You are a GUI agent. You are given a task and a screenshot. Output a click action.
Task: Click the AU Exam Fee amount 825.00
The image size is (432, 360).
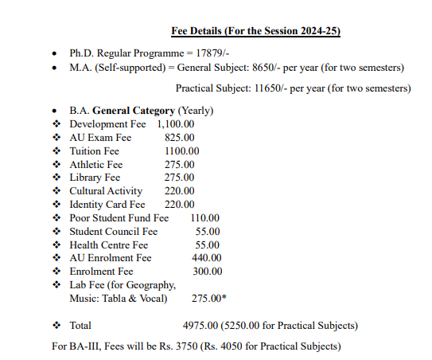[180, 138]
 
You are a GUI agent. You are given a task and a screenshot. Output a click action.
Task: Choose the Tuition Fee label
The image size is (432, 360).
[94, 151]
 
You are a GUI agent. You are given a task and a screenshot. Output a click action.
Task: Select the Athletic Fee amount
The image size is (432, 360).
[180, 165]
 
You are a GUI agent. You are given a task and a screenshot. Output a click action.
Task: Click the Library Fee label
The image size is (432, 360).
[95, 178]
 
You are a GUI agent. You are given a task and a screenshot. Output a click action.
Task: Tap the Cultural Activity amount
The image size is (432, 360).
[180, 191]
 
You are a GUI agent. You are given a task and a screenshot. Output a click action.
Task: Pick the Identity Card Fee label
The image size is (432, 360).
[107, 205]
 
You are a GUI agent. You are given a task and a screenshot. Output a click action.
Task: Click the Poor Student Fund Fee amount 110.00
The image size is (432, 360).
[206, 217]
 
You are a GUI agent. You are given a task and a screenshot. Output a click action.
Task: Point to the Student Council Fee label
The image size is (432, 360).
[114, 231]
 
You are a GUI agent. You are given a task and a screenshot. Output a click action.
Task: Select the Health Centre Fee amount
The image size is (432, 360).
[208, 245]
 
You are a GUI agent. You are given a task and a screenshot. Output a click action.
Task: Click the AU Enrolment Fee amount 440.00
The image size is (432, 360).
[207, 258]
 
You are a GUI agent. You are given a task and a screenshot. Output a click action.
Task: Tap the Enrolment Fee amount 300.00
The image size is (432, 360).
[207, 272]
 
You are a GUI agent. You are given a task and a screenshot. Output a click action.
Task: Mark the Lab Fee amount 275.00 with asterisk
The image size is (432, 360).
[208, 299]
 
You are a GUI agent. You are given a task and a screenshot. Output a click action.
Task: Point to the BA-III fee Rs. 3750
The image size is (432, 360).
[201, 346]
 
